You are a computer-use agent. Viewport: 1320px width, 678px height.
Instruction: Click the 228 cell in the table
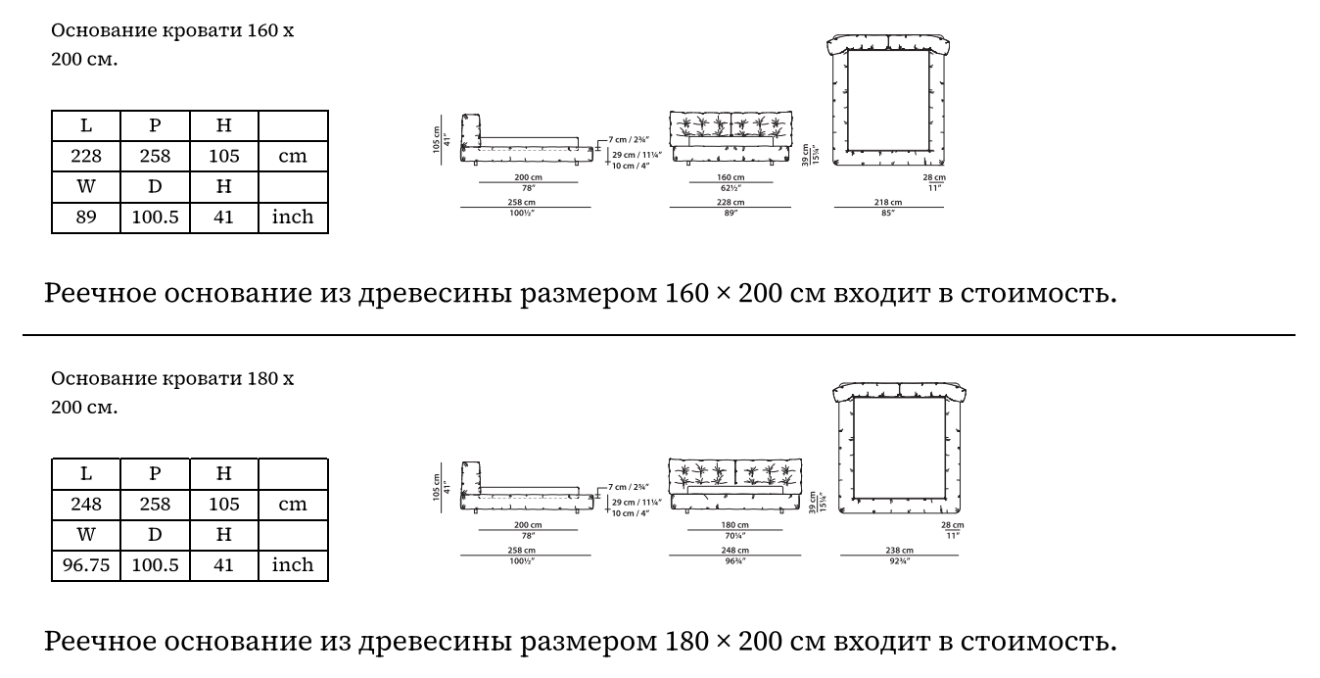pyautogui.click(x=86, y=156)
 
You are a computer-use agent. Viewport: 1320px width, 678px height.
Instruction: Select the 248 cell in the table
pyautogui.click(x=86, y=505)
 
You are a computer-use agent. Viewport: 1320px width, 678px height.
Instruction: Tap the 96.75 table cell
pyautogui.click(x=86, y=565)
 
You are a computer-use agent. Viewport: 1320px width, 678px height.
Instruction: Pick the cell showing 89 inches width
pyautogui.click(x=86, y=217)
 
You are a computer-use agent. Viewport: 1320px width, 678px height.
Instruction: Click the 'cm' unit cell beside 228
pyautogui.click(x=293, y=156)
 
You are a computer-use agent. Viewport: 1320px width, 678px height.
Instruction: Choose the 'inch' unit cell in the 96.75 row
pyautogui.click(x=293, y=565)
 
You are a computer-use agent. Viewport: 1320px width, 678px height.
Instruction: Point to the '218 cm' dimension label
pyautogui.click(x=887, y=202)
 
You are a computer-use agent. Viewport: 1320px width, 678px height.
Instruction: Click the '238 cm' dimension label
pyautogui.click(x=899, y=551)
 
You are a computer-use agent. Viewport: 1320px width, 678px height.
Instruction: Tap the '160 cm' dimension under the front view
pyautogui.click(x=731, y=177)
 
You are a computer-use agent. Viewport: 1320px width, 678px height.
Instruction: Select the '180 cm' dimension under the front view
pyautogui.click(x=735, y=524)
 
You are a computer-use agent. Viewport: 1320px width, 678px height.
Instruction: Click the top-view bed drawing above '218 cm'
pyautogui.click(x=889, y=99)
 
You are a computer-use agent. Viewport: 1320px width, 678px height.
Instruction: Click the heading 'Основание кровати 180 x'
pyautogui.click(x=172, y=378)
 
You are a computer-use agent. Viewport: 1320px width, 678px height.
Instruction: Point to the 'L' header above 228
pyautogui.click(x=86, y=125)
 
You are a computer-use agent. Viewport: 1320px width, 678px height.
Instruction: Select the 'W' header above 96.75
pyautogui.click(x=86, y=535)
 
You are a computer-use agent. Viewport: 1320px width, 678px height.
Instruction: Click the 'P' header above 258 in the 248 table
pyautogui.click(x=155, y=474)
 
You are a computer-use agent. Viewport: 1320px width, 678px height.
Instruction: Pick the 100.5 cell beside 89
pyautogui.click(x=155, y=217)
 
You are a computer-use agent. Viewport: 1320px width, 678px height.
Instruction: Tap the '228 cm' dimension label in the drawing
pyautogui.click(x=731, y=202)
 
